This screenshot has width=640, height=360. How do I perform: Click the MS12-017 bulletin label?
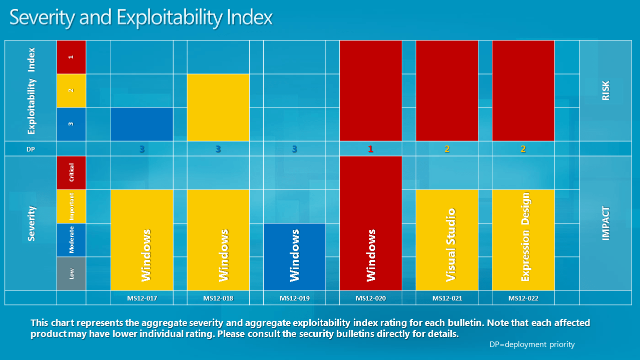tap(142, 298)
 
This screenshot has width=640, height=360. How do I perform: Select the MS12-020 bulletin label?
tap(371, 298)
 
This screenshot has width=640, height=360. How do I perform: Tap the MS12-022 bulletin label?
tap(523, 298)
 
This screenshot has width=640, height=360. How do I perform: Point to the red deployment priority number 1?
tap(371, 149)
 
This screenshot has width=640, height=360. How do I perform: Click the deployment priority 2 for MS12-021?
tap(447, 149)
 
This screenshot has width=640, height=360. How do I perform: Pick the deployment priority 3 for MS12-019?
tap(295, 149)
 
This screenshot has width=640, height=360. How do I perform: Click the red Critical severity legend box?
tap(72, 172)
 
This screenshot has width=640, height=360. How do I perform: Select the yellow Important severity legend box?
tap(72, 206)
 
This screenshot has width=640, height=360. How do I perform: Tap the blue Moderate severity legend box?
tap(72, 239)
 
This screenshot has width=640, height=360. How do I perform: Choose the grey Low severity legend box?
tap(72, 273)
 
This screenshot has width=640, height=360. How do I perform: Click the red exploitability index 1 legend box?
tap(72, 57)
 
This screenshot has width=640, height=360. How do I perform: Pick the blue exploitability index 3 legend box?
tap(72, 124)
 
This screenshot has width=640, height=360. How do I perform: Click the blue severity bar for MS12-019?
tap(295, 256)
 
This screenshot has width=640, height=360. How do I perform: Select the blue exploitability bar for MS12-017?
tap(142, 124)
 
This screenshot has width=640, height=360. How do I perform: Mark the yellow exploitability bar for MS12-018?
tap(218, 107)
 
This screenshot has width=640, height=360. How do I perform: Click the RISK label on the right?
tap(606, 90)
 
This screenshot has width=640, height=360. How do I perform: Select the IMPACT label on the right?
tap(606, 223)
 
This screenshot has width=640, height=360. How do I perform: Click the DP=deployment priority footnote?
tap(532, 344)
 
